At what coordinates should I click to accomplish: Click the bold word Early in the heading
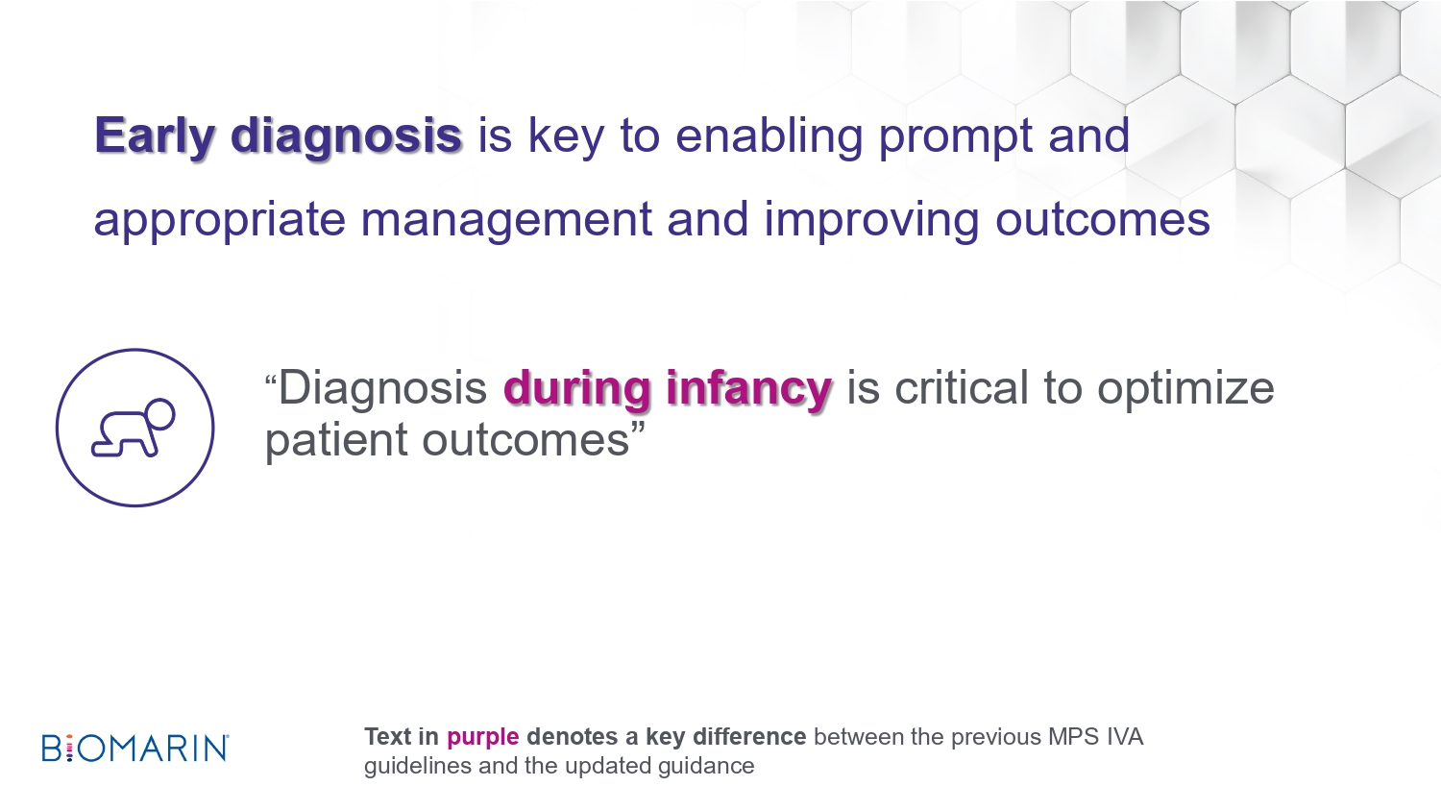(155, 137)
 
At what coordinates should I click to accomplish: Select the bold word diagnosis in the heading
(346, 137)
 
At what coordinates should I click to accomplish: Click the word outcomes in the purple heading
(1103, 219)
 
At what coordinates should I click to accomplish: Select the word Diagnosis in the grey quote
(382, 389)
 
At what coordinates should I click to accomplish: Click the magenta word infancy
(748, 389)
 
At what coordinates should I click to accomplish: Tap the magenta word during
(576, 389)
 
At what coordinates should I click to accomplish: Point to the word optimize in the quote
(1185, 389)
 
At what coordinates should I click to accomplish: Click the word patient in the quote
(336, 441)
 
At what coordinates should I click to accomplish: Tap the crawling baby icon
(134, 428)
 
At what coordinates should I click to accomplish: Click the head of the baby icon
(159, 414)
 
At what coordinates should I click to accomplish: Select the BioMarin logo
(135, 748)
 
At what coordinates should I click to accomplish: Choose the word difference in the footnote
(748, 736)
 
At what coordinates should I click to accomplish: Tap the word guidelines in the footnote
(418, 766)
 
